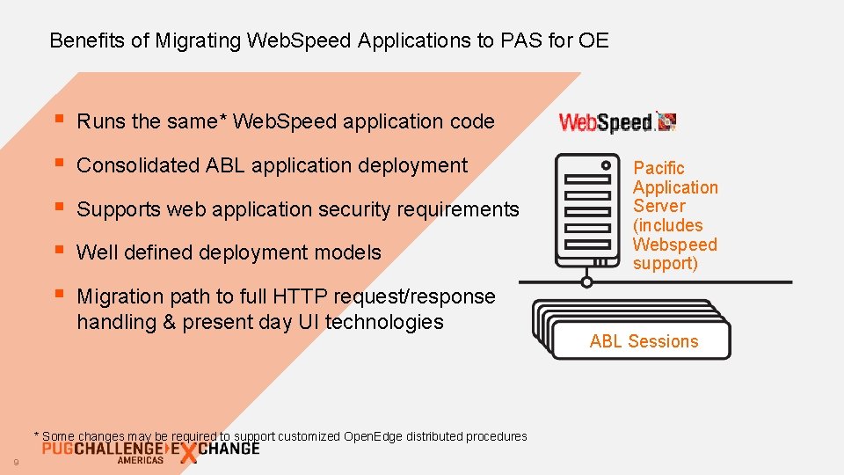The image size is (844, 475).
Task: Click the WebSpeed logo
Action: pos(617,123)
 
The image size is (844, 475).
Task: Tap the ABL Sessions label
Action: pos(644,341)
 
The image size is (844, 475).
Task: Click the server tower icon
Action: pos(586,211)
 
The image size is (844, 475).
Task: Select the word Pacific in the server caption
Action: pos(658,168)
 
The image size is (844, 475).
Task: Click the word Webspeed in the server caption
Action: pos(675,245)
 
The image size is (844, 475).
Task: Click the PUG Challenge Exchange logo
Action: pos(149,452)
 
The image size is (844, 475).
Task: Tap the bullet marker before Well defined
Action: pos(58,251)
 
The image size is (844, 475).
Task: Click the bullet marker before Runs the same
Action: pos(58,120)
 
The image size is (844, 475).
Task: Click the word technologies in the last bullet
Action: pos(384,322)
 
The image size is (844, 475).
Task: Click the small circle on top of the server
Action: pos(605,164)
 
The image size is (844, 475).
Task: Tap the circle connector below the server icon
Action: pos(586,282)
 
